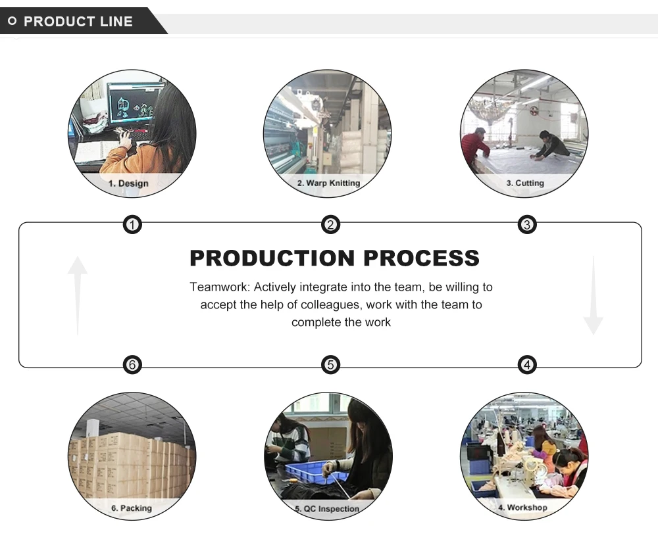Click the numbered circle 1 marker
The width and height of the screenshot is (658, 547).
[x=132, y=226]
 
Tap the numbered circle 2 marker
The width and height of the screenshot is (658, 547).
[x=330, y=226]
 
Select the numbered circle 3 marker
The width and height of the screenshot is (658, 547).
[x=526, y=226]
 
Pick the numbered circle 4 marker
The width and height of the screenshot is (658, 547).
[x=526, y=364]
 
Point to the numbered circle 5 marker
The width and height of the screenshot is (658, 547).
[x=330, y=364]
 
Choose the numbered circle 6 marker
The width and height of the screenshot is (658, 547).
[x=132, y=364]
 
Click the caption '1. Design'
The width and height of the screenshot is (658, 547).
[x=129, y=183]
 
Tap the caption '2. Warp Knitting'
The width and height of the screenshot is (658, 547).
[x=328, y=183]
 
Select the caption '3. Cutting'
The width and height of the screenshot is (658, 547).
[x=525, y=183]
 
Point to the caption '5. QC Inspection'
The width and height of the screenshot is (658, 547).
[x=327, y=508]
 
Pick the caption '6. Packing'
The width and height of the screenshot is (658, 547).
[x=131, y=508]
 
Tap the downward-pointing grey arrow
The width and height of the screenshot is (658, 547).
[x=593, y=296]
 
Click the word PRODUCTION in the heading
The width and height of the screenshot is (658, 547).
[x=272, y=258]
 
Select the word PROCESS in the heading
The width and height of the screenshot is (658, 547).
[x=421, y=258]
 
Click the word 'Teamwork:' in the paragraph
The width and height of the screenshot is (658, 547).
[x=218, y=287]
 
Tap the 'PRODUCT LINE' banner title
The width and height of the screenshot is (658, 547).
[x=78, y=22]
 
